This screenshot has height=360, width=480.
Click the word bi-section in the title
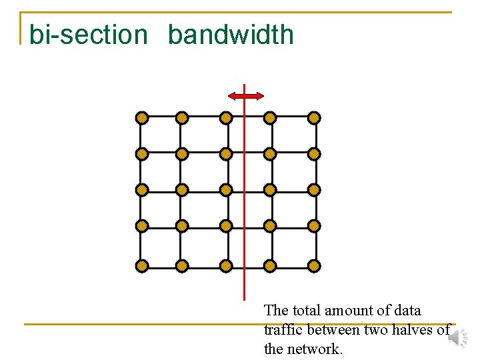click(x=88, y=35)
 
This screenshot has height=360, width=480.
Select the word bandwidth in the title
click(x=231, y=35)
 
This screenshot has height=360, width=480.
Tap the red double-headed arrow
click(x=245, y=97)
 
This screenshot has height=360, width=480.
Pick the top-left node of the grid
click(x=141, y=118)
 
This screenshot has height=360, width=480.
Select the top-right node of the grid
click(x=315, y=118)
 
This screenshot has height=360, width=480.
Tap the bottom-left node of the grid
click(x=141, y=266)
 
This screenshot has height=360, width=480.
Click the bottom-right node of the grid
click(x=315, y=266)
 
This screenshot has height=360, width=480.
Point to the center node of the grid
click(x=226, y=190)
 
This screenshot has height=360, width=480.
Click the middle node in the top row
click(x=226, y=118)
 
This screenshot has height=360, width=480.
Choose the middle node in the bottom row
click(x=226, y=266)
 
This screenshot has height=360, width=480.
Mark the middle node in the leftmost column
click(x=141, y=190)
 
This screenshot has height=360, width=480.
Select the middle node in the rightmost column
click(x=315, y=190)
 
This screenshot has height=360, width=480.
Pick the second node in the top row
click(x=182, y=118)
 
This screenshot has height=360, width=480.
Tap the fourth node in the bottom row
click(x=270, y=266)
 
